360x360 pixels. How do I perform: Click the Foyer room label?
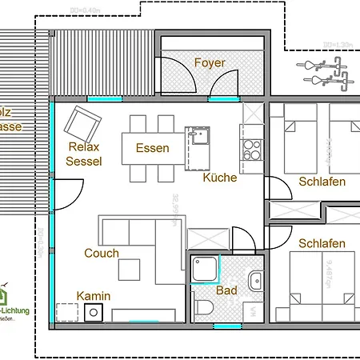click(x=210, y=62)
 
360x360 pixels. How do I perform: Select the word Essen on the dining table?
click(x=152, y=148)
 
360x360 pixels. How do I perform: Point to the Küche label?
click(x=219, y=178)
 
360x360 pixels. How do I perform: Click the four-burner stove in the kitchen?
click(x=251, y=150)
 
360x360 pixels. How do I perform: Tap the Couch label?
click(x=102, y=254)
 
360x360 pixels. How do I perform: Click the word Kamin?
click(x=93, y=296)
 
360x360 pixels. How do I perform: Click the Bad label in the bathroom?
click(x=226, y=290)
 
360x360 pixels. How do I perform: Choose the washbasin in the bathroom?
click(x=255, y=280)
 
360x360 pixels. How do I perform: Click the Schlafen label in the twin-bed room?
click(x=322, y=182)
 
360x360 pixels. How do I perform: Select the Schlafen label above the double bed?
click(x=322, y=243)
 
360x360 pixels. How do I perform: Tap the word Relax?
click(x=83, y=147)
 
